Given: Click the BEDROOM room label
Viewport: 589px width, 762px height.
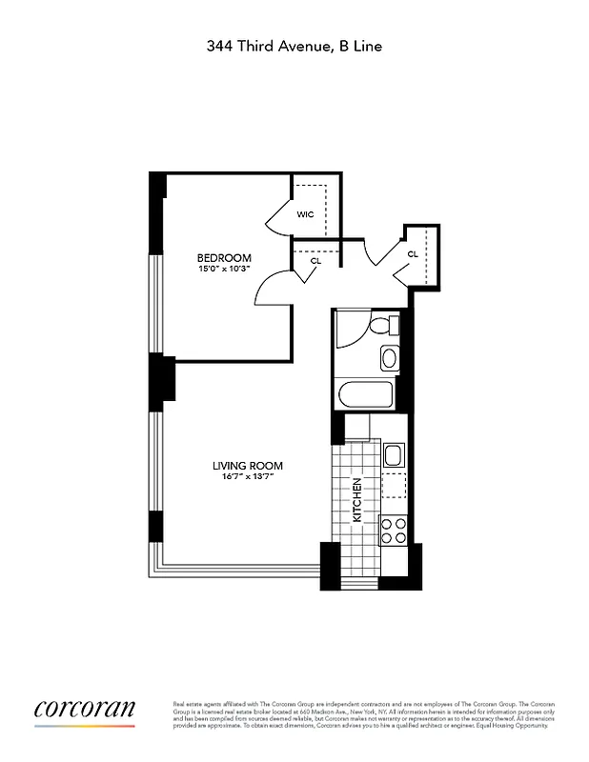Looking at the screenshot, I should coord(224,258).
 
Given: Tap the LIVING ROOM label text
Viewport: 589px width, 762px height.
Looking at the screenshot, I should coord(247,466).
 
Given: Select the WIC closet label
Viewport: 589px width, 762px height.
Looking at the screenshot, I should coord(305,214).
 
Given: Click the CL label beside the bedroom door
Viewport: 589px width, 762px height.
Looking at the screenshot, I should coord(315,259).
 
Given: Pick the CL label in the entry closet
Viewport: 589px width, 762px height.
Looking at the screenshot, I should coord(413,254).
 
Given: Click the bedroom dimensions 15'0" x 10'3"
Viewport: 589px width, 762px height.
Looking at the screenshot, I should coord(224,270).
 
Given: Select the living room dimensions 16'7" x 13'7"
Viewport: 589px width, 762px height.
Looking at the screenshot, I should coord(247,477).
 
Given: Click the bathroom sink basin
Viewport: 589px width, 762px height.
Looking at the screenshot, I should coord(389,359).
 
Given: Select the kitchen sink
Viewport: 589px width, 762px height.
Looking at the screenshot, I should coord(394,455).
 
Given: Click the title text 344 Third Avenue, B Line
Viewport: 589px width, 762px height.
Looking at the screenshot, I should coord(294,45).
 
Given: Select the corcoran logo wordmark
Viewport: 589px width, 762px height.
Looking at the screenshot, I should coord(85,710).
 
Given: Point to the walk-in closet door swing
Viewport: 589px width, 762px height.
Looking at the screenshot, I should coord(278,216).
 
